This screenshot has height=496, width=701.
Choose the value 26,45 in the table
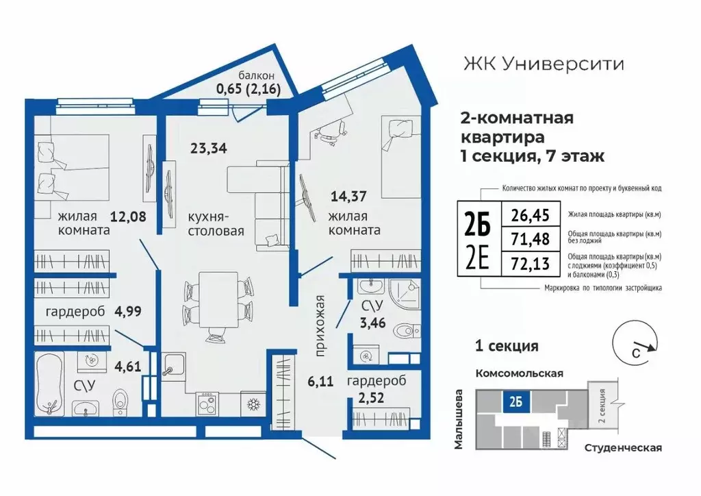pyautogui.click(x=531, y=216)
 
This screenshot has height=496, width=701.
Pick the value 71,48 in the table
pyautogui.click(x=531, y=239)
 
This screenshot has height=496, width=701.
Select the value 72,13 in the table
pyautogui.click(x=531, y=262)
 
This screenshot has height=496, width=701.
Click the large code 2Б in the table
pyautogui.click(x=479, y=223)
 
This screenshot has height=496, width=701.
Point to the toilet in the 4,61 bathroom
pyautogui.click(x=121, y=404)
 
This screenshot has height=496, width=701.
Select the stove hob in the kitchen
pyautogui.click(x=207, y=403)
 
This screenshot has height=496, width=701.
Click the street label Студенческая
pyautogui.click(x=623, y=447)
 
